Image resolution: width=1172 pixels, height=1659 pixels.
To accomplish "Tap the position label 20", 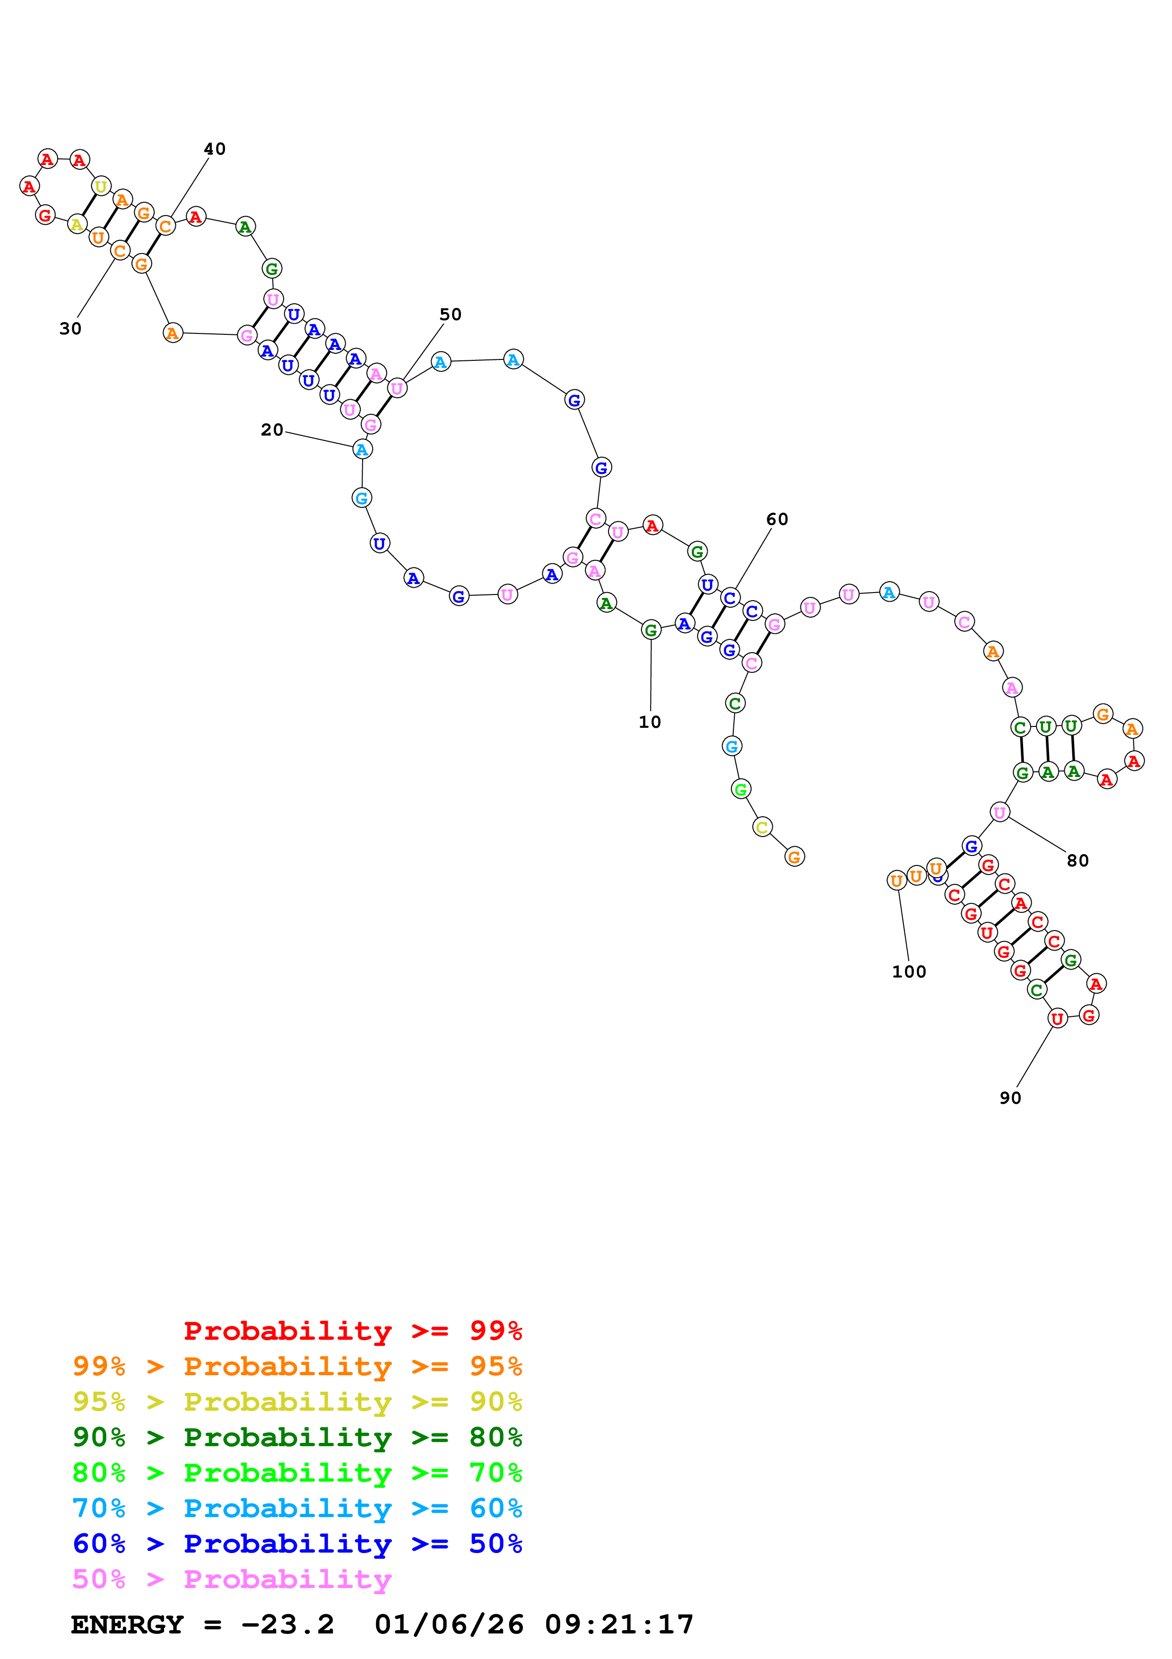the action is [271, 430].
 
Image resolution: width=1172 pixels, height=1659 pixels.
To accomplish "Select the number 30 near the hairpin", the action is [70, 329].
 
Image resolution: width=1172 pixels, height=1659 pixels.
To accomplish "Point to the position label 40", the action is [215, 149].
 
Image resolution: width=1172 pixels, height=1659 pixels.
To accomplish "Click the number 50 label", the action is [450, 314].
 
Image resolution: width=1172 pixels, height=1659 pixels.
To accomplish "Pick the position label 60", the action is [777, 520].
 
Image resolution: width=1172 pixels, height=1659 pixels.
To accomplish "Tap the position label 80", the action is [1077, 861].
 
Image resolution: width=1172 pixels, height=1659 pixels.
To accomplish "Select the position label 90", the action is [1010, 1098].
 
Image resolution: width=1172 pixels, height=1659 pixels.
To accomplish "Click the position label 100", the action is [908, 972].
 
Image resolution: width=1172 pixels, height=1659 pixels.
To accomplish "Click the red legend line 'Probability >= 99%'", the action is [353, 1331].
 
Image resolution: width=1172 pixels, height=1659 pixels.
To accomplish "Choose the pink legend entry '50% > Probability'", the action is [232, 1580].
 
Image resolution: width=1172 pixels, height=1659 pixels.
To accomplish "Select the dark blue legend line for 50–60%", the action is [297, 1544].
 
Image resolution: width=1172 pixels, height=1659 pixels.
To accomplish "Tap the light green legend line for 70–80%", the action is [297, 1473].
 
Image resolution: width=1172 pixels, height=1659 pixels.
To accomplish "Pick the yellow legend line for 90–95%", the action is [297, 1402].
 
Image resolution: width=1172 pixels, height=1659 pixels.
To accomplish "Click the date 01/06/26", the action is [449, 1625].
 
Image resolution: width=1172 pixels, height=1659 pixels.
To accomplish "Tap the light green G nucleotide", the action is [740, 789].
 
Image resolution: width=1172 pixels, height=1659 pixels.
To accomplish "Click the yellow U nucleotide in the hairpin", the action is [101, 186].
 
